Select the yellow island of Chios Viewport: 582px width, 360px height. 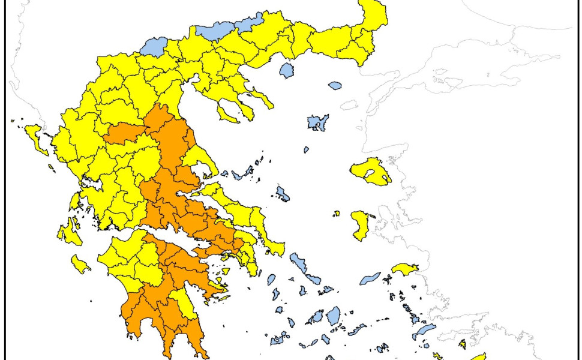[360, 225]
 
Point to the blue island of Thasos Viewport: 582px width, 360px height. [287, 71]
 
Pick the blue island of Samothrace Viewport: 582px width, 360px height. [335, 86]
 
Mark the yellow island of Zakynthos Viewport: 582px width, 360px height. [80, 264]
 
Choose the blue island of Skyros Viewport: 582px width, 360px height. [283, 194]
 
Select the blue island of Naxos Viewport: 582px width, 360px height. [332, 316]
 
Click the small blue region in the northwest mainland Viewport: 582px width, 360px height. [155, 47]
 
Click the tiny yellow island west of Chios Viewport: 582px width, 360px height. [337, 213]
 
